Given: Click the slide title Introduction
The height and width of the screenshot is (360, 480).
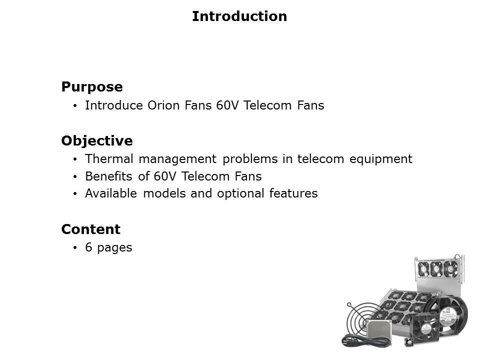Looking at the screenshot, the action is pyautogui.click(x=239, y=16).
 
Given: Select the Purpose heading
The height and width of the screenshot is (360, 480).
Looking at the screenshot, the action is pyautogui.click(x=92, y=87).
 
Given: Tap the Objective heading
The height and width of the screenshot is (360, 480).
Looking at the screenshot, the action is pyautogui.click(x=97, y=141).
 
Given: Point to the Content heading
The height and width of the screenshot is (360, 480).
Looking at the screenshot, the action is pyautogui.click(x=90, y=229).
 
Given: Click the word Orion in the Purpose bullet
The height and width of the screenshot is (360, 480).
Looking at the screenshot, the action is pyautogui.click(x=163, y=105).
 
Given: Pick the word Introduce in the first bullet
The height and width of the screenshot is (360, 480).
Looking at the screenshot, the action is pyautogui.click(x=114, y=105).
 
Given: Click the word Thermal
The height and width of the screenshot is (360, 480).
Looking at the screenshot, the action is pyautogui.click(x=109, y=159).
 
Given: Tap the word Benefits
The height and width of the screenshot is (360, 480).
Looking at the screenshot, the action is pyautogui.click(x=108, y=176).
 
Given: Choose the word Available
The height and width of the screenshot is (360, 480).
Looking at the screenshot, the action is pyautogui.click(x=111, y=193).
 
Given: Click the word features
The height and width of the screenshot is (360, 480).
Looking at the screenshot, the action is pyautogui.click(x=293, y=193).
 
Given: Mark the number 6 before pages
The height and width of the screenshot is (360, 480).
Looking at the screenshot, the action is pyautogui.click(x=88, y=247).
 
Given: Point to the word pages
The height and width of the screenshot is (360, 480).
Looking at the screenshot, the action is pyautogui.click(x=114, y=248).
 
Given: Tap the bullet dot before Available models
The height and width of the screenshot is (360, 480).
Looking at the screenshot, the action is pyautogui.click(x=75, y=194).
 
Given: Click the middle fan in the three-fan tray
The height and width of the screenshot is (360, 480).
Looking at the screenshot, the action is pyautogui.click(x=436, y=269).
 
